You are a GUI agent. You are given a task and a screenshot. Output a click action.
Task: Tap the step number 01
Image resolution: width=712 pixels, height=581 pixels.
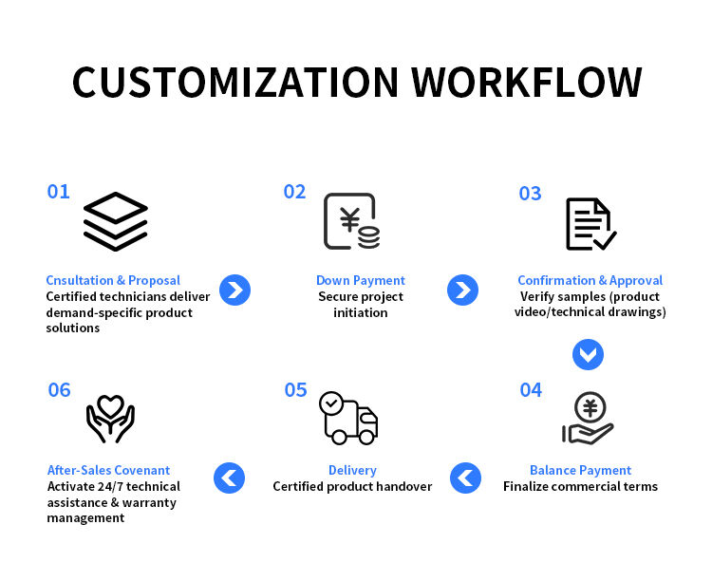[x=59, y=192]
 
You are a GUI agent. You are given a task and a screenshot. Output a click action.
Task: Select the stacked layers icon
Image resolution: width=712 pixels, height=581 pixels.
[x=115, y=221]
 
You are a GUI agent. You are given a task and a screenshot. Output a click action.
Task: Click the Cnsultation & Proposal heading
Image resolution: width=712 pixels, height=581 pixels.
[x=113, y=281]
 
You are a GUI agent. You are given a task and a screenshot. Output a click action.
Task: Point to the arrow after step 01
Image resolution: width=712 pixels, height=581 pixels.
[x=234, y=290]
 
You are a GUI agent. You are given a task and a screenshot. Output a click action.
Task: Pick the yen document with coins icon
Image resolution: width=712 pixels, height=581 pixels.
[x=351, y=221]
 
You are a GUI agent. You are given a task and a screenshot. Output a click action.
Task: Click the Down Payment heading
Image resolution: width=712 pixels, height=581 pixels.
[x=361, y=281]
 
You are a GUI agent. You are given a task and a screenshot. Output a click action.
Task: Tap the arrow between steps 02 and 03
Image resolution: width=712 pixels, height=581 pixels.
[x=462, y=290]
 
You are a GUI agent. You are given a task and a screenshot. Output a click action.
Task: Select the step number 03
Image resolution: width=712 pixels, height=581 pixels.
[x=530, y=194]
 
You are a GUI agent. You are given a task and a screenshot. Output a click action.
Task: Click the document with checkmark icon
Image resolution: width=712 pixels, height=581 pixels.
[x=590, y=224]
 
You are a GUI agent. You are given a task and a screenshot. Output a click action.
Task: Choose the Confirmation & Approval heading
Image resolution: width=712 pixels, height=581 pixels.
[x=590, y=281]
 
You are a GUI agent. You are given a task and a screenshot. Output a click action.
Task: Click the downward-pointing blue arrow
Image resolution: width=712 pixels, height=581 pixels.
[x=588, y=354]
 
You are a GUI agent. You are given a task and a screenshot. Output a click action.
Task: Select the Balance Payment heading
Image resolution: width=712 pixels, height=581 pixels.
[x=580, y=471]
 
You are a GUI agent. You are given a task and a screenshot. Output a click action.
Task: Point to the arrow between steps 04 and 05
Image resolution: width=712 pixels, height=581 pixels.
[x=465, y=477]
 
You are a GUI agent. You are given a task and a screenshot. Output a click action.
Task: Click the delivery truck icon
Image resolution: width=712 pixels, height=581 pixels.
[x=348, y=418]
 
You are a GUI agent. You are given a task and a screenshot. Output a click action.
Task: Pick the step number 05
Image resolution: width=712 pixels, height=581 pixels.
[x=295, y=390]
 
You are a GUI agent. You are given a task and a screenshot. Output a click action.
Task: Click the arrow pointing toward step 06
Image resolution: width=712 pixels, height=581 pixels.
[x=230, y=477]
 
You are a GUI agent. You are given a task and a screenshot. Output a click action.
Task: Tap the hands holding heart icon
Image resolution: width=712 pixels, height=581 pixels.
[x=110, y=419]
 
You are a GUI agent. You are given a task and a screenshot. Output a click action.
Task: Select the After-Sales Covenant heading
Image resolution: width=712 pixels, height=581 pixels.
[x=109, y=471]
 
